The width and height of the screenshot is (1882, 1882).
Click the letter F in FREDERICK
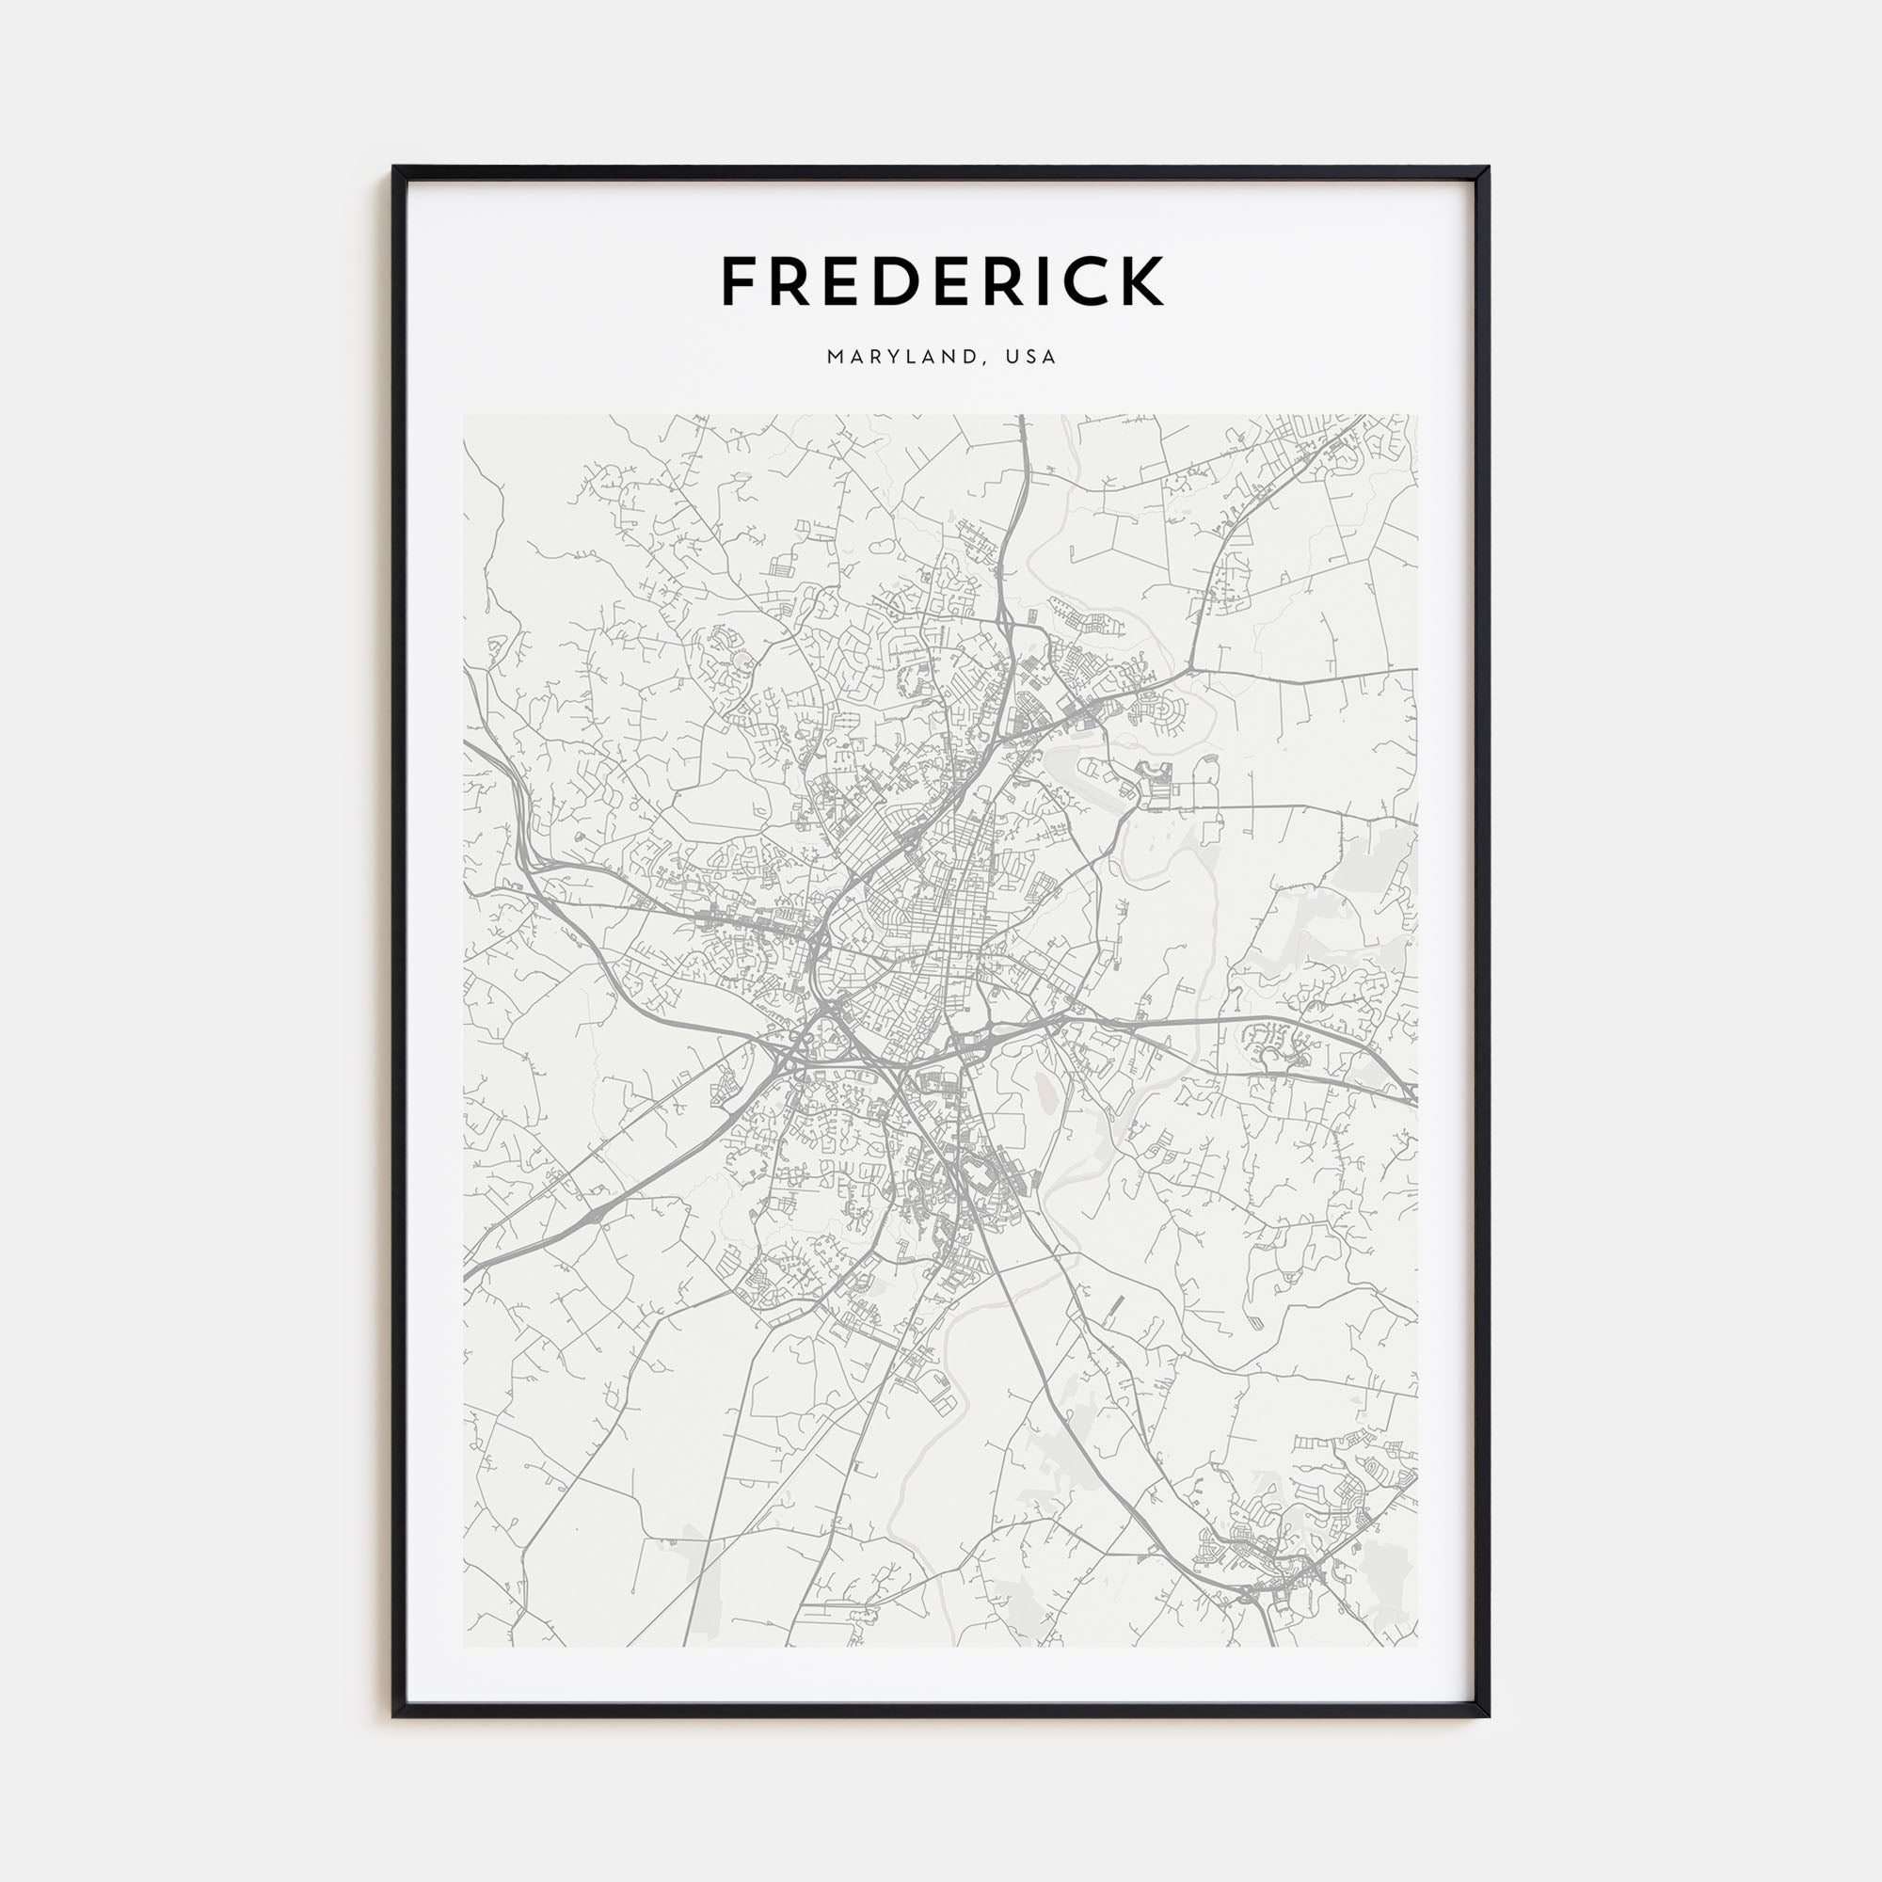click(x=741, y=281)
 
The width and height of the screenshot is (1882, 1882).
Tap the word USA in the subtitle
click(x=1032, y=357)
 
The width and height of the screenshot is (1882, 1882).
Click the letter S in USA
click(x=1032, y=357)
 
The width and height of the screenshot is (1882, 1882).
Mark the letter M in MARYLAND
click(x=835, y=357)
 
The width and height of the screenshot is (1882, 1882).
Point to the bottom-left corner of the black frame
click(x=394, y=1715)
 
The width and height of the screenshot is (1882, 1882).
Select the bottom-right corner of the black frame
click(x=1488, y=1715)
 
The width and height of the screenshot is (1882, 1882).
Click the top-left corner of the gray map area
click(x=464, y=416)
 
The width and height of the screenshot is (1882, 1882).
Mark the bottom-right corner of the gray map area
click(x=1417, y=1645)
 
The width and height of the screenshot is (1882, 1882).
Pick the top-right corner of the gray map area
click(x=1417, y=416)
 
